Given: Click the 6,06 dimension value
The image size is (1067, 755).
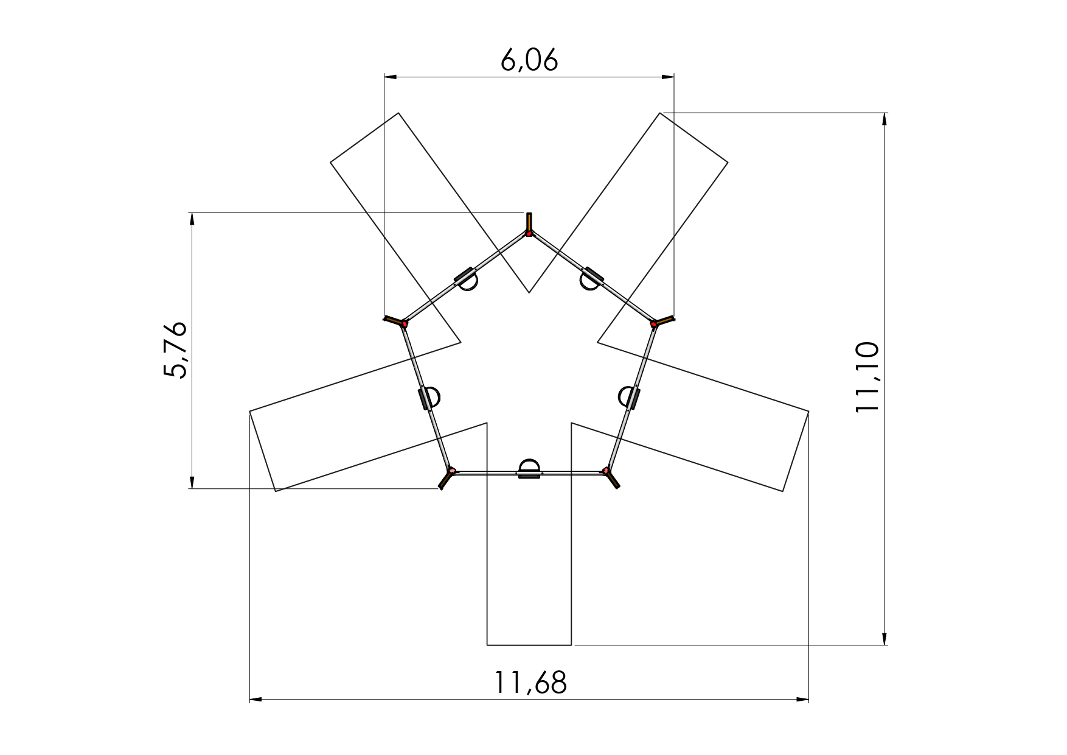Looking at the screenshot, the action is point(529,60).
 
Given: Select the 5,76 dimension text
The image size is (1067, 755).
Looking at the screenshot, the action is point(176,350).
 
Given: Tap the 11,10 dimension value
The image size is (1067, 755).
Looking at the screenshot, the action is point(867,377).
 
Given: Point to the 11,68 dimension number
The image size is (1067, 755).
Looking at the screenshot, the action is point(530,683).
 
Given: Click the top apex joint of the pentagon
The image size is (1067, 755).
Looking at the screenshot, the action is point(529,233).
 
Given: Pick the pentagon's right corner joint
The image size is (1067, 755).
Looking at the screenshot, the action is point(654,325).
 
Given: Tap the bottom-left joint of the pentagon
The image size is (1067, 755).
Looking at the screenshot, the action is point(451,471).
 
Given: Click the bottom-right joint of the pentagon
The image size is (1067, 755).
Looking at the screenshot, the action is point(606,471).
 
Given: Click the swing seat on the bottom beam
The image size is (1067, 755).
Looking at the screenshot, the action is point(529,469).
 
